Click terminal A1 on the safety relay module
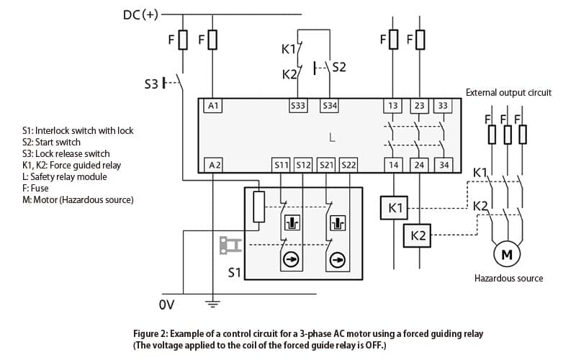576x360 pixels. pos(213,106)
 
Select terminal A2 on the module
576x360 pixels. pos(214,166)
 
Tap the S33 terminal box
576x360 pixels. pos(298,106)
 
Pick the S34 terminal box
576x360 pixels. pos(330,106)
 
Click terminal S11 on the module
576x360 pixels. pos(281,166)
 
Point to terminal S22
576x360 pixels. pos(348,166)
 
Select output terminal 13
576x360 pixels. pos(392,106)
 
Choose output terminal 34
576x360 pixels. pos(444,166)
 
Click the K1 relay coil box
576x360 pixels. pos(394,208)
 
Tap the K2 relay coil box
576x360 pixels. pos(417,235)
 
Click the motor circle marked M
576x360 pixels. pos(507,254)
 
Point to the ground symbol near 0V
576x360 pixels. pos(212,303)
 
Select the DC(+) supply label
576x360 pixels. pos(140,14)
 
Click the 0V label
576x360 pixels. pos(167,305)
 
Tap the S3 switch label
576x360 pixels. pos(151,84)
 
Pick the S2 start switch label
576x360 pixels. pos(339,67)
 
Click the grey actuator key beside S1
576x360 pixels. pos(230,246)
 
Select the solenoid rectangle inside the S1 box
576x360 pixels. pos(259,207)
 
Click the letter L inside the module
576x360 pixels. pos(332,138)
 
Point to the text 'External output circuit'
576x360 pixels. pos(508,93)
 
